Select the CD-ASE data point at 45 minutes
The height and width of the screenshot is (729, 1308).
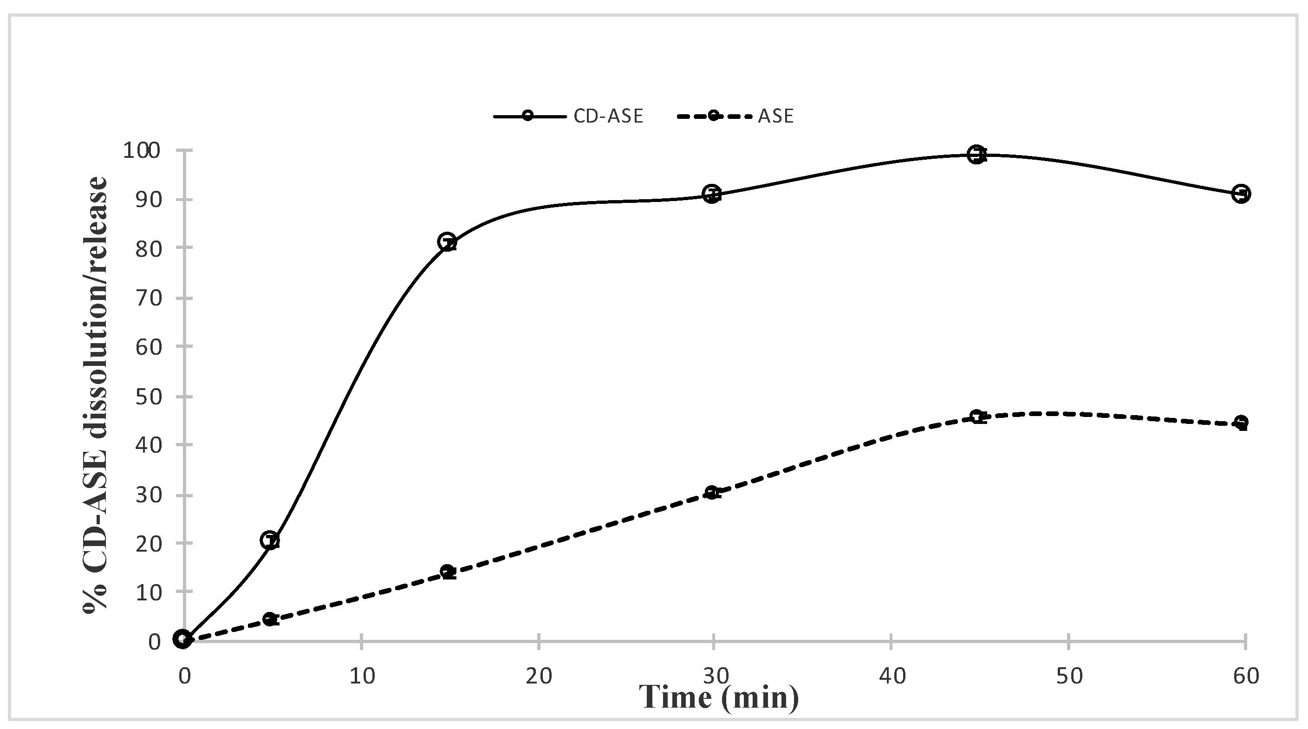click(976, 154)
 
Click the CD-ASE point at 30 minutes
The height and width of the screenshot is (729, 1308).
click(712, 194)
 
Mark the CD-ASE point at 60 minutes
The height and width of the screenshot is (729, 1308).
click(1241, 194)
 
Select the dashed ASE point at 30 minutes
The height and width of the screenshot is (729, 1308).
click(712, 492)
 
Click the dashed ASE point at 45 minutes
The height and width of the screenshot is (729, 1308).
click(976, 417)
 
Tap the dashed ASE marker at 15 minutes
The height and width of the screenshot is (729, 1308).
click(447, 571)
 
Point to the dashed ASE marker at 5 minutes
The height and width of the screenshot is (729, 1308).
click(270, 618)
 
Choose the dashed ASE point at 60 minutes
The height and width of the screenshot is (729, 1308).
click(1241, 422)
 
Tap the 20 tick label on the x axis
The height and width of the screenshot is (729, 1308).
click(538, 676)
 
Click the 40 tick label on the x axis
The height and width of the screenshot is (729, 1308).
click(892, 676)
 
